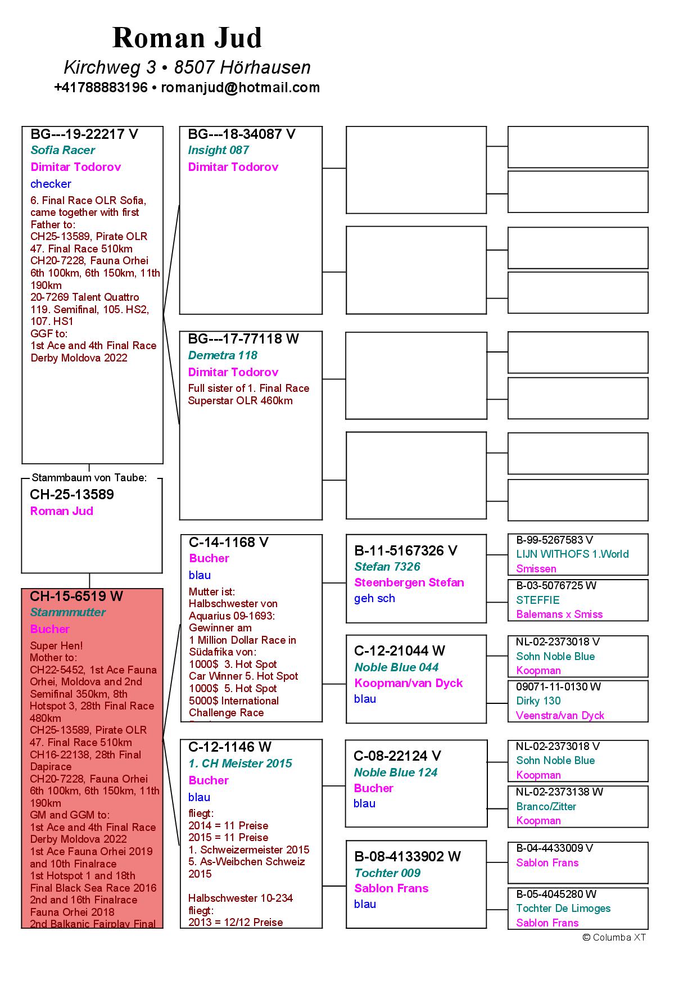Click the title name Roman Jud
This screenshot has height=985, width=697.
coord(187,38)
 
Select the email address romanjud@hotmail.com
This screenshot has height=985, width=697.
coord(241,88)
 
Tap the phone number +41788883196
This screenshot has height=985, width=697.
coord(101,88)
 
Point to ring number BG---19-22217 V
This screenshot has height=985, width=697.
coord(84,134)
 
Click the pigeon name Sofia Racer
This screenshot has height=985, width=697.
coord(62,150)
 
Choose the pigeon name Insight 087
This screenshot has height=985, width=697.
coord(218,150)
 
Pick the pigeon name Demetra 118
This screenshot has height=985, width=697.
coord(223,355)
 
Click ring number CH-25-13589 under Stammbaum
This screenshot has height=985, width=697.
coord(72,495)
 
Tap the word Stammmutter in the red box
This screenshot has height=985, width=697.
coord(67,612)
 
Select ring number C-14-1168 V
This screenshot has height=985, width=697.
coord(229,543)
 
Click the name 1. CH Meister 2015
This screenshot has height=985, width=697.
coord(240,763)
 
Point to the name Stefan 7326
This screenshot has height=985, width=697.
coord(387,567)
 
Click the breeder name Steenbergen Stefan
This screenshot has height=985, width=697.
coord(409,582)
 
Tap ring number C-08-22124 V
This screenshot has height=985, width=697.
coord(397,756)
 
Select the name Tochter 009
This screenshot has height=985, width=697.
coord(387,873)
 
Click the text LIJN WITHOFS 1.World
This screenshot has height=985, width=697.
coord(572,554)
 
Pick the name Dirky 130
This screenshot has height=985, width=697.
coord(538,701)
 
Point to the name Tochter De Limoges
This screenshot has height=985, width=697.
coord(563,909)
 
